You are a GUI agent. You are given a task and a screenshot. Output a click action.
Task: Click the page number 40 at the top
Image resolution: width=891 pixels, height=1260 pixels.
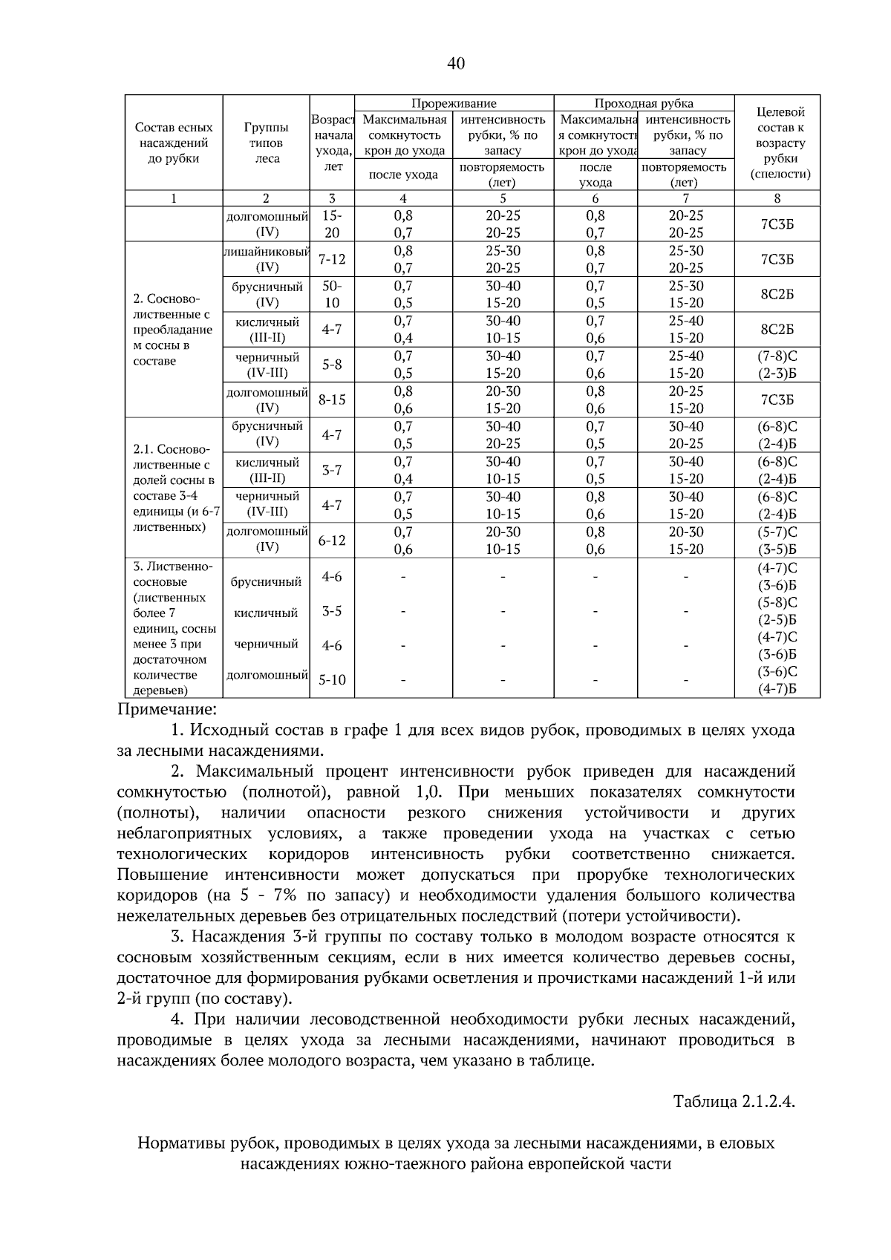click(x=456, y=64)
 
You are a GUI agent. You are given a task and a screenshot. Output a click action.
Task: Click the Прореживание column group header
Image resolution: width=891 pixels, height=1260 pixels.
click(x=454, y=103)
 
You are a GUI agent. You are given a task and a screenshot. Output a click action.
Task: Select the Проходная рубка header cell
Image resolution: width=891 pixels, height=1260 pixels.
click(x=643, y=103)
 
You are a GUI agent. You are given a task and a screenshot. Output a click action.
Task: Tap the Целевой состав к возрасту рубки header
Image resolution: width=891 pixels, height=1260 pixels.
click(x=777, y=143)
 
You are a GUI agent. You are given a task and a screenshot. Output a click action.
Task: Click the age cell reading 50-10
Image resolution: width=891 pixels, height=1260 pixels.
click(x=331, y=294)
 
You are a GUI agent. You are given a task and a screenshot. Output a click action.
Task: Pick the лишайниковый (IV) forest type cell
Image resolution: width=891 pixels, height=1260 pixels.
click(x=267, y=259)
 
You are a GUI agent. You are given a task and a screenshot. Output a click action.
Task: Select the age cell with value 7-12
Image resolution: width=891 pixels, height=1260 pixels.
click(x=331, y=259)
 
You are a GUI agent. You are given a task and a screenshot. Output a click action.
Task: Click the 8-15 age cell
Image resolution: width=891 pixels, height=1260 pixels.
click(x=331, y=399)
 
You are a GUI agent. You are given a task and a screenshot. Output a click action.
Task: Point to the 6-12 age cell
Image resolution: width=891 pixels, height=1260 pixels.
click(x=331, y=541)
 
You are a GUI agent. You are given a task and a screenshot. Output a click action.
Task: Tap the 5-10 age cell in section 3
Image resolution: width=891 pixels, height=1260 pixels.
click(x=331, y=679)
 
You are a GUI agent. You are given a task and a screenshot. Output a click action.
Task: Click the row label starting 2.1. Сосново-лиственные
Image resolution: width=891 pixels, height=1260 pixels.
click(x=172, y=488)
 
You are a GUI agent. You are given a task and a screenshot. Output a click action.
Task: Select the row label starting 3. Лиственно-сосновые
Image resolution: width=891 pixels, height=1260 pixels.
click(x=172, y=628)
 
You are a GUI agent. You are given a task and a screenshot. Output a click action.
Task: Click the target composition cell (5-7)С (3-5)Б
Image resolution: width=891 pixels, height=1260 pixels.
click(x=777, y=541)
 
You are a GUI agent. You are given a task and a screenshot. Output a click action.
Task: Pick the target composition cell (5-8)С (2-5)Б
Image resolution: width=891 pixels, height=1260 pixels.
click(x=777, y=611)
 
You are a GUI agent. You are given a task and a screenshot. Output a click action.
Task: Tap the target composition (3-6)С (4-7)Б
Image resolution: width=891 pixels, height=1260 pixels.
click(x=777, y=680)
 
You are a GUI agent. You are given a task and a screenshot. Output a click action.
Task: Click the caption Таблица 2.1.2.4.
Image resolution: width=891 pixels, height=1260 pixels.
click(x=734, y=1100)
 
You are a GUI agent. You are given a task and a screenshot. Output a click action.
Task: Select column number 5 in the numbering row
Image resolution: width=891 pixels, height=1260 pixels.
click(x=503, y=198)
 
